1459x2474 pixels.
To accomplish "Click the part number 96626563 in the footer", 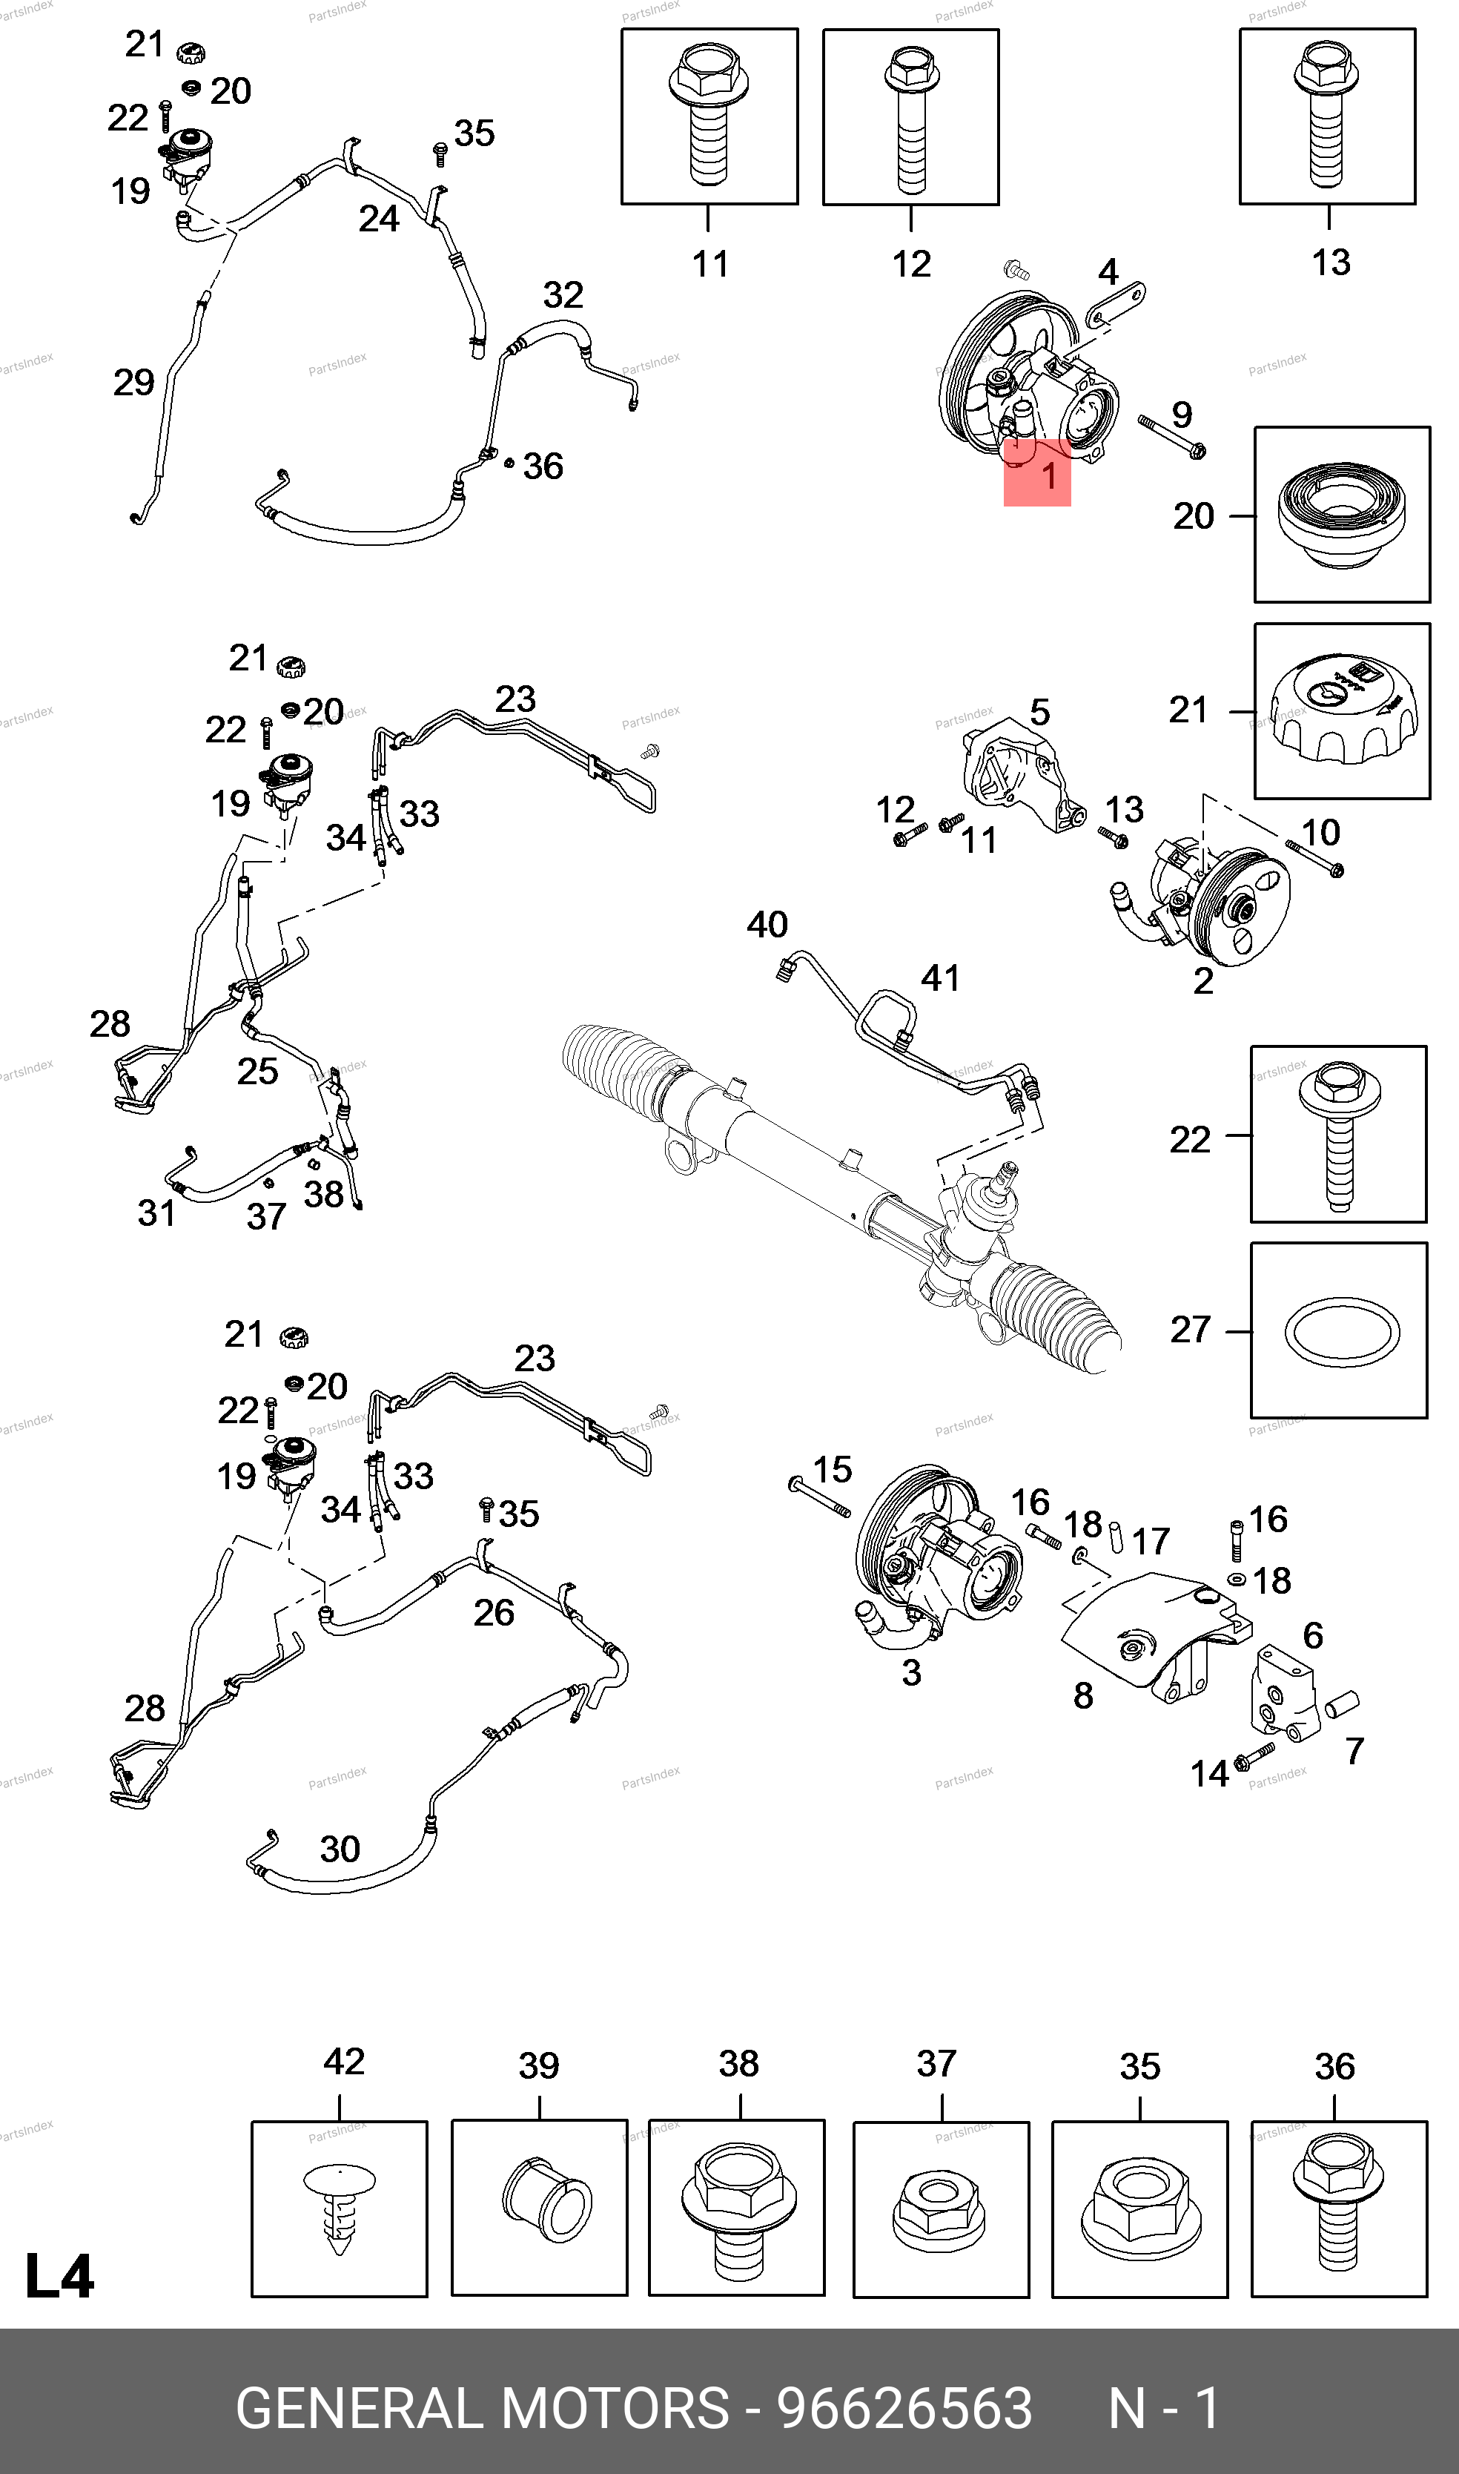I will pyautogui.click(x=904, y=2408).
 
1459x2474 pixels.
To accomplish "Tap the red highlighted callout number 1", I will pyautogui.click(x=1048, y=476).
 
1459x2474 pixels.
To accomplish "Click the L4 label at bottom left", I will pyautogui.click(x=59, y=2276).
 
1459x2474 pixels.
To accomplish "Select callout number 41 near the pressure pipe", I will pyautogui.click(x=940, y=977).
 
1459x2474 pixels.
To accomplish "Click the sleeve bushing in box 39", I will pyautogui.click(x=546, y=2200).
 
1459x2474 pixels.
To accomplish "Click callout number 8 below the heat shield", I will pyautogui.click(x=1083, y=1695).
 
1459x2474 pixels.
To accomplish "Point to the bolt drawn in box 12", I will pyautogui.click(x=910, y=117).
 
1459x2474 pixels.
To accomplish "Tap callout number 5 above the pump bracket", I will pyautogui.click(x=1039, y=712).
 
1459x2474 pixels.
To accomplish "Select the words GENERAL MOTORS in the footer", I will pyautogui.click(x=482, y=2408).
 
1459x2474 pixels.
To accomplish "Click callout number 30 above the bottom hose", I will pyautogui.click(x=340, y=1849).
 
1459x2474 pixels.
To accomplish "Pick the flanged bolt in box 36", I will pyautogui.click(x=1338, y=2206).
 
